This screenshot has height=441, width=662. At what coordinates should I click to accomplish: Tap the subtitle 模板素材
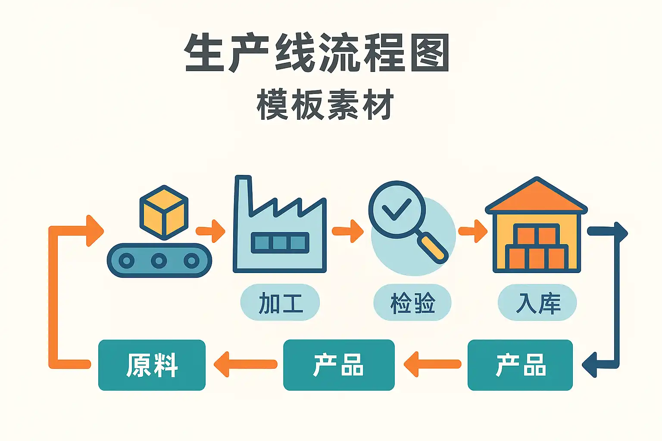coord(325,105)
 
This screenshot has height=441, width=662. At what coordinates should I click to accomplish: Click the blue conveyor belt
coord(159,261)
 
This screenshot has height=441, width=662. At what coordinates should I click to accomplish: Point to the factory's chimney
coord(242,194)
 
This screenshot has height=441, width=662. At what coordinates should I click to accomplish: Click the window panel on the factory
coord(280,242)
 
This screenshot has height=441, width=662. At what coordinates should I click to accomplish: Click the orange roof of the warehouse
coord(536,198)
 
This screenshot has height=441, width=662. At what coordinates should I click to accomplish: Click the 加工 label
coord(280,303)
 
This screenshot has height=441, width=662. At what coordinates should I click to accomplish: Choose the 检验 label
coord(412,303)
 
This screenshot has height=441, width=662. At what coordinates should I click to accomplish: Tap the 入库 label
coord(537,303)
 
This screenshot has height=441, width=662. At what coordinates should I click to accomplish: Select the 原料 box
coord(152,365)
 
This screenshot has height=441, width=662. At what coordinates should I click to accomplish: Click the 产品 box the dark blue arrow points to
coord(520,365)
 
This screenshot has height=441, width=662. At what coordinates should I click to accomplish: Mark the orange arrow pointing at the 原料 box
coord(246,364)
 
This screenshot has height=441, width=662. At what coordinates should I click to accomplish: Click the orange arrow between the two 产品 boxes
coord(432,364)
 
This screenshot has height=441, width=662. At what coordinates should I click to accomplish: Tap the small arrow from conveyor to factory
coord(211,231)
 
